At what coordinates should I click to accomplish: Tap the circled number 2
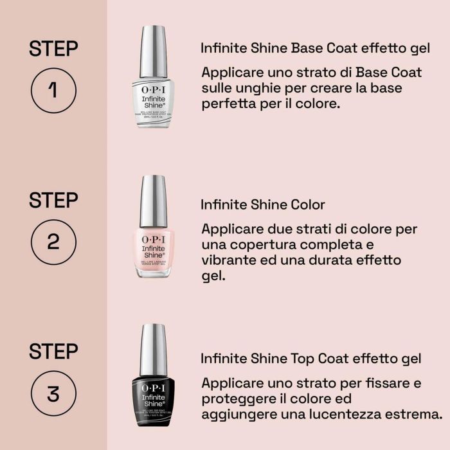click(x=53, y=242)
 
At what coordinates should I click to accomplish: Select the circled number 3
click(x=53, y=393)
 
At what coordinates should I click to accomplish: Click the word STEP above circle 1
click(x=53, y=48)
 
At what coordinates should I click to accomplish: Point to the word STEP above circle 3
click(x=53, y=351)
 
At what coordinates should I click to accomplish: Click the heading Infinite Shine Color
click(x=263, y=205)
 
